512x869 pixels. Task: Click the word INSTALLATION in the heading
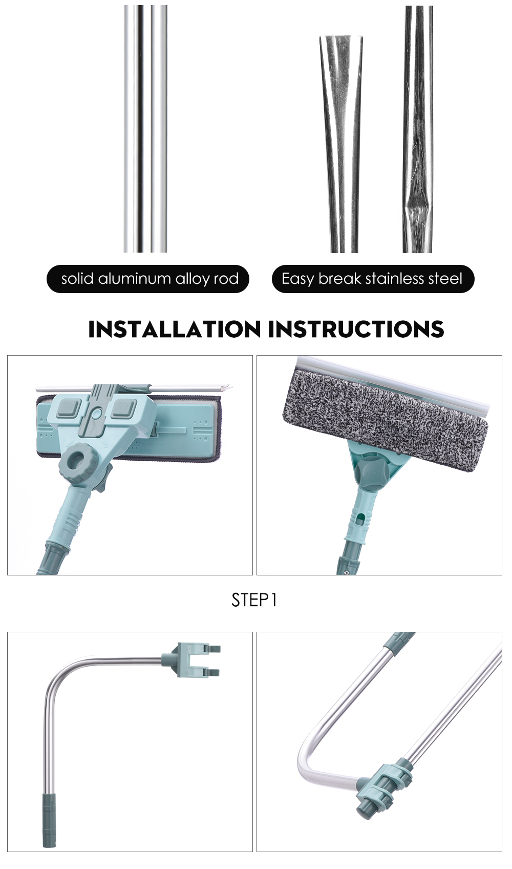point(175,329)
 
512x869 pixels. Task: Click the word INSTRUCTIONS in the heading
point(356,329)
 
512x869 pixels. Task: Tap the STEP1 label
point(254,600)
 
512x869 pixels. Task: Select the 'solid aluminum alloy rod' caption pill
point(147,279)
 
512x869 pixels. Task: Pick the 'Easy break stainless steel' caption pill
point(373,279)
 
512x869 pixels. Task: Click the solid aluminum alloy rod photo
point(145,129)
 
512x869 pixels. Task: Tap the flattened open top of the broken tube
point(341,37)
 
